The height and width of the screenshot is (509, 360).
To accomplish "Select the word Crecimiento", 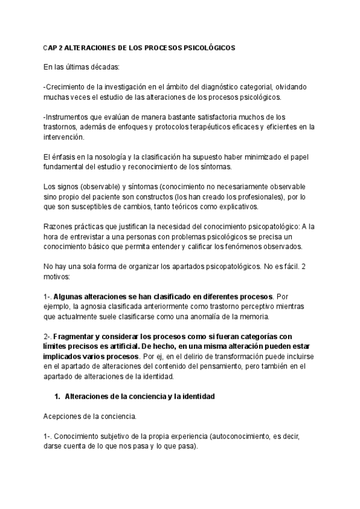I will pyautogui.click(x=67, y=86).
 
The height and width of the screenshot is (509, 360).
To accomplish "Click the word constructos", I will pyautogui.click(x=191, y=196).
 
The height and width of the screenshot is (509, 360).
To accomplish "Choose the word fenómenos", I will pyautogui.click(x=227, y=247).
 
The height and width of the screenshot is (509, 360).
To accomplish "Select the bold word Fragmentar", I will pyautogui.click(x=81, y=336).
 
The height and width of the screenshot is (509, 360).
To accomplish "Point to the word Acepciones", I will pyautogui.click(x=62, y=416).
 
